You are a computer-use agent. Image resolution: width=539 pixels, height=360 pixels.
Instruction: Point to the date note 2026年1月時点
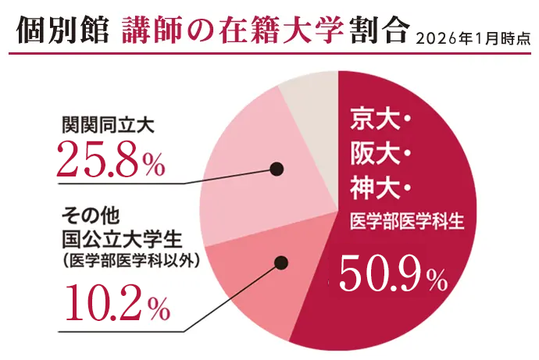[474, 36]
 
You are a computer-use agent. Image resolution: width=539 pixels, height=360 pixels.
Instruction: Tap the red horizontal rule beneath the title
[269, 54]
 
